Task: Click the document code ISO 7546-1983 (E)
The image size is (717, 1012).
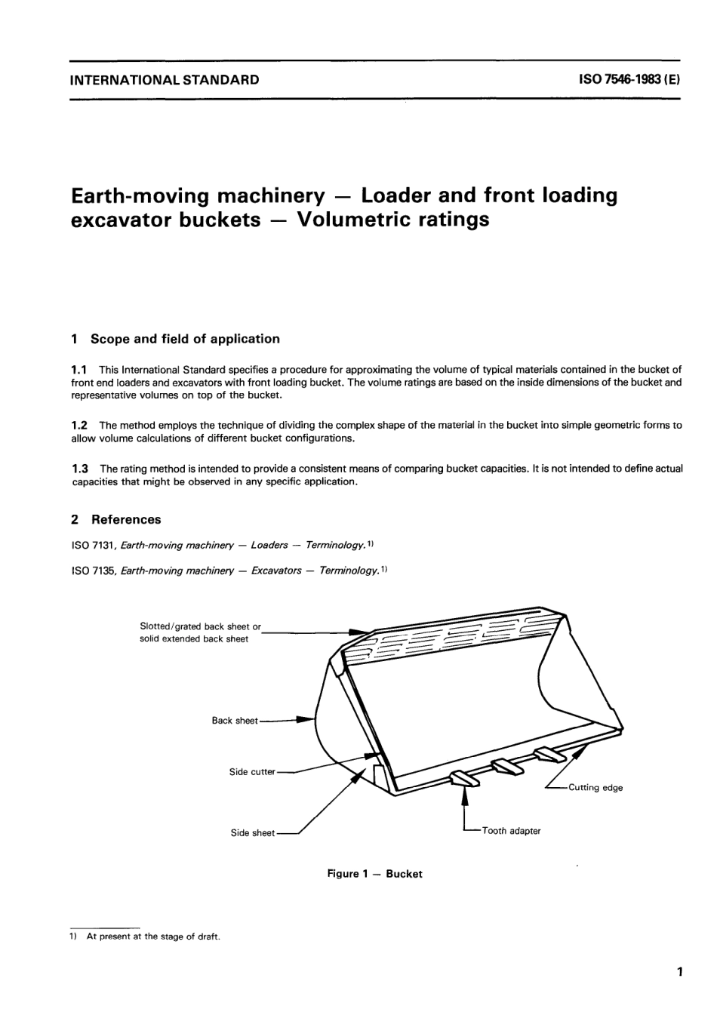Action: [x=629, y=79]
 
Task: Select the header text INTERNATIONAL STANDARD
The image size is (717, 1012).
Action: [x=165, y=79]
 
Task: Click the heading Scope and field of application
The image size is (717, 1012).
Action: [x=185, y=339]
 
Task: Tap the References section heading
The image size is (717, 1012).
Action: [x=126, y=519]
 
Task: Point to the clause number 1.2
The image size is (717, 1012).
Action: [x=79, y=425]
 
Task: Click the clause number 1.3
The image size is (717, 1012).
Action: [x=79, y=469]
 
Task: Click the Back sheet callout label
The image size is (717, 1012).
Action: [x=235, y=721]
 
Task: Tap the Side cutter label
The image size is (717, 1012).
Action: [x=252, y=772]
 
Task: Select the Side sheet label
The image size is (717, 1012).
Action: [x=253, y=833]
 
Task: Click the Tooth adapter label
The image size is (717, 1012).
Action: [x=511, y=831]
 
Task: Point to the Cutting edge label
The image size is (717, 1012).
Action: [x=595, y=788]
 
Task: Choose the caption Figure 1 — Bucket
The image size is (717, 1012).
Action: [x=374, y=874]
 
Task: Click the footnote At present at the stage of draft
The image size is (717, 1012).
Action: [x=153, y=937]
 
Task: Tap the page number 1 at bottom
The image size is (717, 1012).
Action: [x=680, y=972]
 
